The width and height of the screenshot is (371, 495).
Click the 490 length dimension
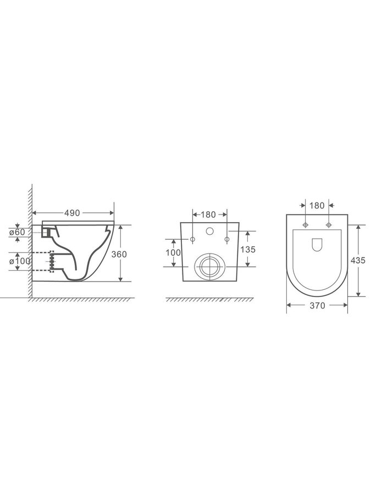(x=72, y=213)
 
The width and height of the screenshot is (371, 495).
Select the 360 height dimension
(x=119, y=254)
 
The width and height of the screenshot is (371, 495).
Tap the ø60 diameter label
(x=17, y=232)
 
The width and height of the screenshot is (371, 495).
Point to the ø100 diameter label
(x=20, y=261)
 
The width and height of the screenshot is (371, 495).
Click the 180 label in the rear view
(x=208, y=215)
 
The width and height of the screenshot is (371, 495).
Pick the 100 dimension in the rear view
(x=173, y=252)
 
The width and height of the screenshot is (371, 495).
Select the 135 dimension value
(x=248, y=249)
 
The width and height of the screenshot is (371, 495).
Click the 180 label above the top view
(x=317, y=206)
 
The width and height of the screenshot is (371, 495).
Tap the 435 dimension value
(x=358, y=260)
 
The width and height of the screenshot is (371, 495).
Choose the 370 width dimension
(x=317, y=306)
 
